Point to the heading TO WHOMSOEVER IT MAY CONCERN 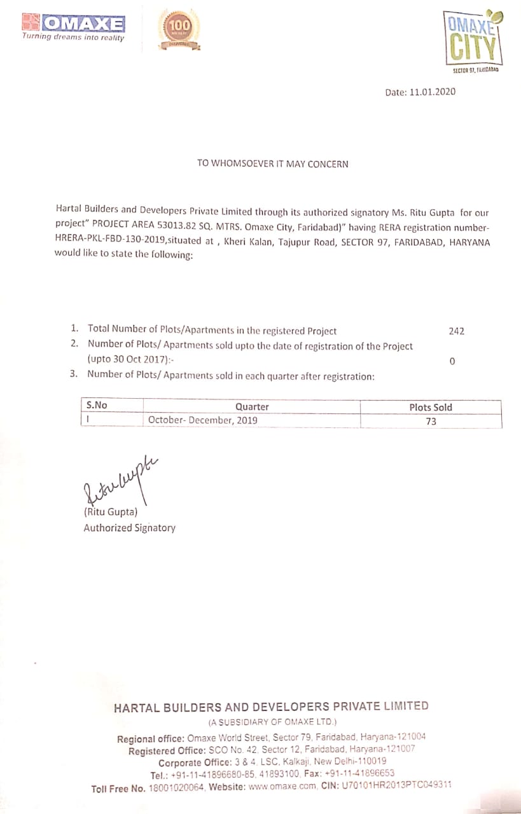pyautogui.click(x=273, y=163)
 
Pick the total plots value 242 pyautogui.click(x=456, y=331)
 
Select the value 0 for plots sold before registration pyautogui.click(x=452, y=361)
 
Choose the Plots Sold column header pyautogui.click(x=431, y=407)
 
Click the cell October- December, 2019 pyautogui.click(x=203, y=420)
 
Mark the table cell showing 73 pyautogui.click(x=431, y=420)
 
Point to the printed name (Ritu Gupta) pyautogui.click(x=111, y=511)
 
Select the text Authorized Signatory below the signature pyautogui.click(x=129, y=527)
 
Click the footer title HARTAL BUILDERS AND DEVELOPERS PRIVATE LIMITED pyautogui.click(x=271, y=707)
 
